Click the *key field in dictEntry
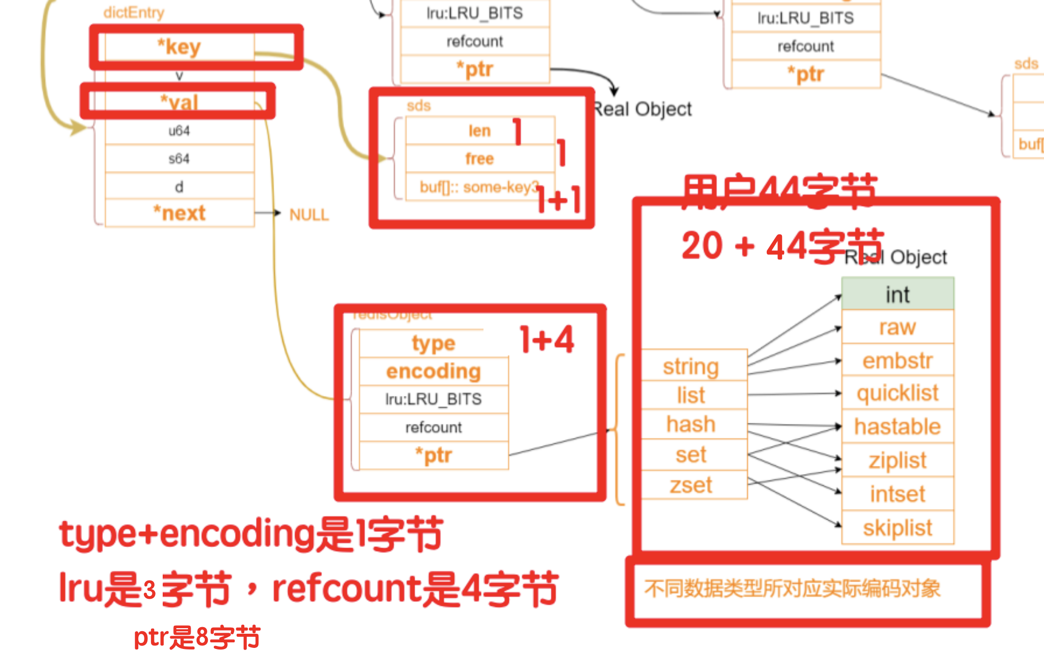pos(179,47)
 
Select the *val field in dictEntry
pos(179,102)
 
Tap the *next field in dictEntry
pos(179,213)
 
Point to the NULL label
pos(309,215)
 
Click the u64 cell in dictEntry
pos(179,131)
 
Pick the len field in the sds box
pos(479,131)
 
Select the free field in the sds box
pos(479,159)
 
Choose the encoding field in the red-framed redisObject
pos(433,371)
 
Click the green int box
pos(898,294)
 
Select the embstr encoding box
pos(898,360)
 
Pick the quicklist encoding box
pos(898,393)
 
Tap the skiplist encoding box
pos(898,528)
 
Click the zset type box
pos(691,485)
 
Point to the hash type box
pos(691,424)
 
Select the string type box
pos(691,366)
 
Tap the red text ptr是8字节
pos(197,637)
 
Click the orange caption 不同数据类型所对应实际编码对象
pos(792,589)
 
